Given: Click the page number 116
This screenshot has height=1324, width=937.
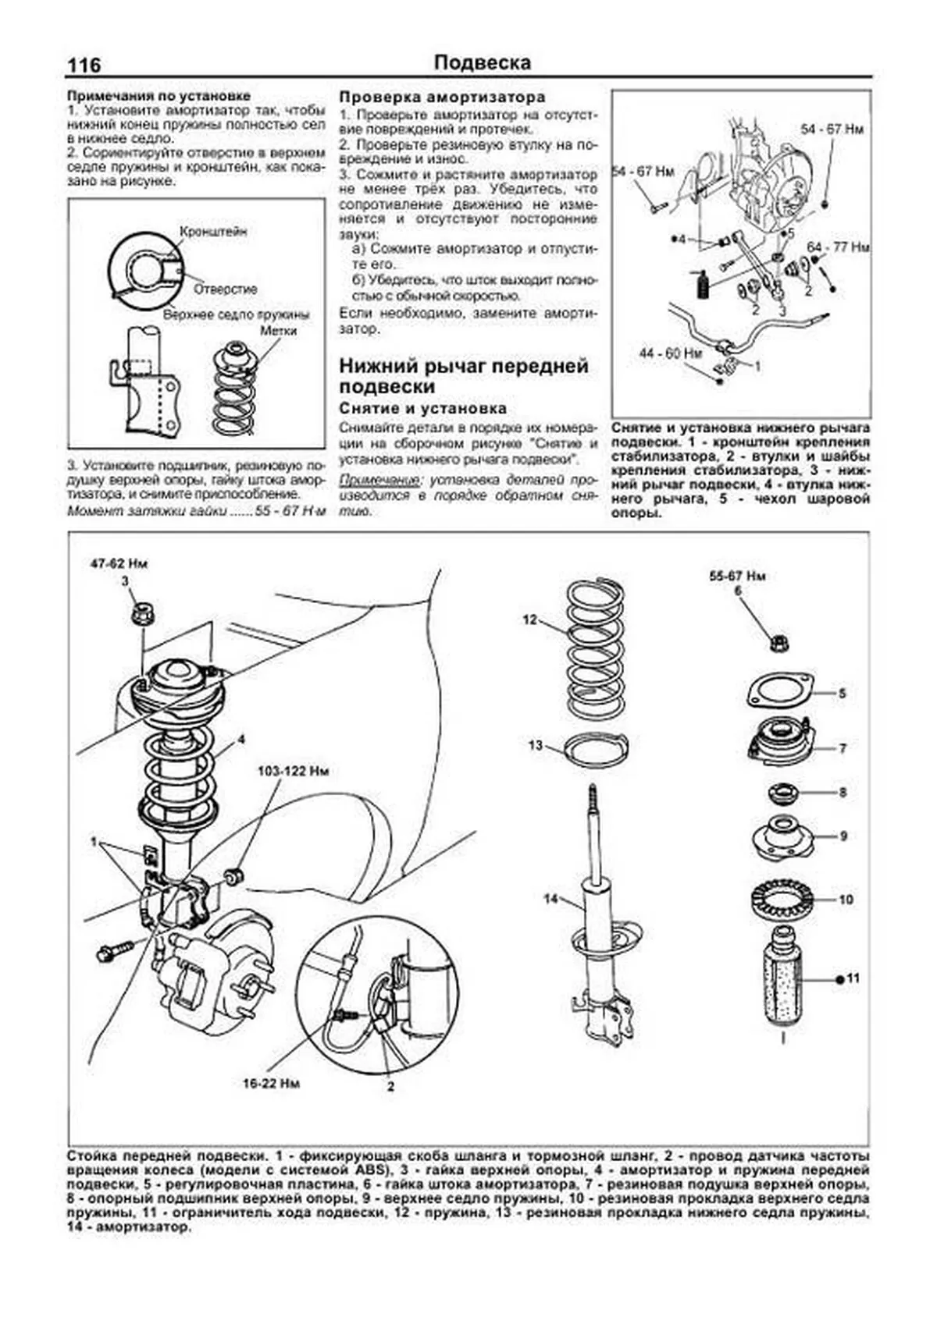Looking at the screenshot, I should click(x=84, y=66).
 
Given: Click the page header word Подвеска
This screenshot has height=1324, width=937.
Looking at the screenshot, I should click(x=482, y=63).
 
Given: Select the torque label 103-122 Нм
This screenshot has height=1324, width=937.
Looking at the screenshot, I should click(x=294, y=772).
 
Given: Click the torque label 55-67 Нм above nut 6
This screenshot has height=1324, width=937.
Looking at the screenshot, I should click(x=737, y=577).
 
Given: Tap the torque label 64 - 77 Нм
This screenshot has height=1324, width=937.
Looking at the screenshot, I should click(x=838, y=247).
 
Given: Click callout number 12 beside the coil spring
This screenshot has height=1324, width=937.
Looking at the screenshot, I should click(x=531, y=620).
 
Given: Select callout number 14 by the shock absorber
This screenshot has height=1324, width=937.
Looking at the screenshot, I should click(x=551, y=900).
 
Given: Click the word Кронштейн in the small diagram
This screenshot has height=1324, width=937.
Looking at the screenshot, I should click(x=213, y=232).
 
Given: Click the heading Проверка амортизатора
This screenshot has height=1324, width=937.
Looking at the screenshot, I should click(x=442, y=98).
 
